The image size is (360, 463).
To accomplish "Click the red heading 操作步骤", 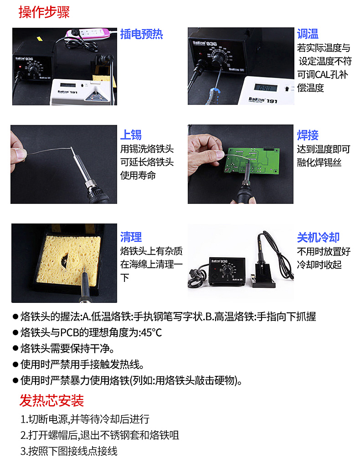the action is [44, 12].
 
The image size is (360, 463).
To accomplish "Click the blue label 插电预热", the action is [141, 34].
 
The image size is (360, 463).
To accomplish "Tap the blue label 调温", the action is [308, 34].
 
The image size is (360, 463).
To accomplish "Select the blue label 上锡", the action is [131, 135].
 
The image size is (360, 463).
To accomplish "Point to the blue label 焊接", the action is [308, 135].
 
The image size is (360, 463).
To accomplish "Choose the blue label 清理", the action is [131, 237].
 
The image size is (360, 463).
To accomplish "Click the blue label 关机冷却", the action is [318, 237].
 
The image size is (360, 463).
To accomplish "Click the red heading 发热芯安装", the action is [51, 401].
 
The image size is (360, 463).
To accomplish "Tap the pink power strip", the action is [87, 34].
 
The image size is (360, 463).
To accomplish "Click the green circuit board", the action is [252, 161].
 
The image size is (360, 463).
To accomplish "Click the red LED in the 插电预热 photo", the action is [21, 67].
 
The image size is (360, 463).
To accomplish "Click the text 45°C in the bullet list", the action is [151, 333].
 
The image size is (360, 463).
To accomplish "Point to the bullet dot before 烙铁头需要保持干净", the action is [15, 349].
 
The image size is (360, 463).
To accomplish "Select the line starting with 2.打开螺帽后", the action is [99, 435].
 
